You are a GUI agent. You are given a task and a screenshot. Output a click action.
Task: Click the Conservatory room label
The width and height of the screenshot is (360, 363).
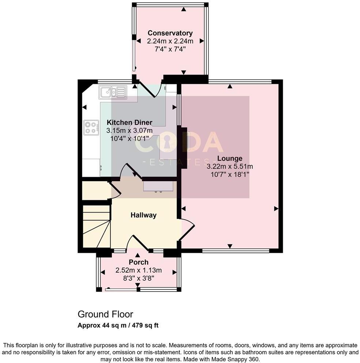click(x=170, y=33)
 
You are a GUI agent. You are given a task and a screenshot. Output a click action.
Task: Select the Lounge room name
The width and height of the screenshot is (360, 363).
click(x=230, y=158)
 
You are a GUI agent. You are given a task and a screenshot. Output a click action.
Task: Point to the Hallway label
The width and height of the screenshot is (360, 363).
click(x=143, y=215)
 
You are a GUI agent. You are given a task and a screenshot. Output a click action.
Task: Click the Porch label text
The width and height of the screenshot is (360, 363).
click(x=139, y=262)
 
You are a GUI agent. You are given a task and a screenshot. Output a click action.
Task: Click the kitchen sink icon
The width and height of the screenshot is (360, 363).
click(x=112, y=92)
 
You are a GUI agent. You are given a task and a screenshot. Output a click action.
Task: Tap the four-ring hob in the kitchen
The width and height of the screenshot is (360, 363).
click(x=90, y=128)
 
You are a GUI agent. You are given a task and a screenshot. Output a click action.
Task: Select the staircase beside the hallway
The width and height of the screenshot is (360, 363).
click(x=97, y=227)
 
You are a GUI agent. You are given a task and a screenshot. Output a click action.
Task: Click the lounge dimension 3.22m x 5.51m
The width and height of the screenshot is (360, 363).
click(x=230, y=166)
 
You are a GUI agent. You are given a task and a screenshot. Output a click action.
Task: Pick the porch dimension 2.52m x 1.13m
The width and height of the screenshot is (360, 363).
click(x=139, y=271)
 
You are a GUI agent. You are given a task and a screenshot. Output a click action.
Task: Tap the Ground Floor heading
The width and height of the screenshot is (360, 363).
click(x=105, y=314)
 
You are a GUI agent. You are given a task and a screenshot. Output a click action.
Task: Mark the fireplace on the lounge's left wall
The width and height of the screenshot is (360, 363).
click(x=183, y=147)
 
